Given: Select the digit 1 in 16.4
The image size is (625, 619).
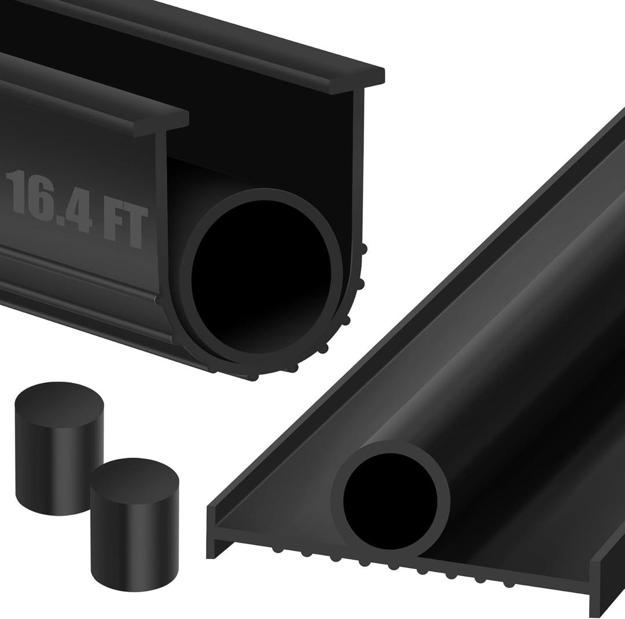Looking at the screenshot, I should pos(17,192).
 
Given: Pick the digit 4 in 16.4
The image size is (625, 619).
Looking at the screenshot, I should pos(80,209).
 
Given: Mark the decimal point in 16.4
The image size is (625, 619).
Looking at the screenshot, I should pos(60,217).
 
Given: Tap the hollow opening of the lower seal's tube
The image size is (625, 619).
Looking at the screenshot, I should pos(390,501).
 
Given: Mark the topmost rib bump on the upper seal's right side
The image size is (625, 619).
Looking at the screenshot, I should pos(363,250).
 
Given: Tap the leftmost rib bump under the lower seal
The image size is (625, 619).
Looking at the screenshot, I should pos(278,549).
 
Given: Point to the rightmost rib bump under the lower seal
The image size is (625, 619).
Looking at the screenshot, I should pos(509,584).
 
